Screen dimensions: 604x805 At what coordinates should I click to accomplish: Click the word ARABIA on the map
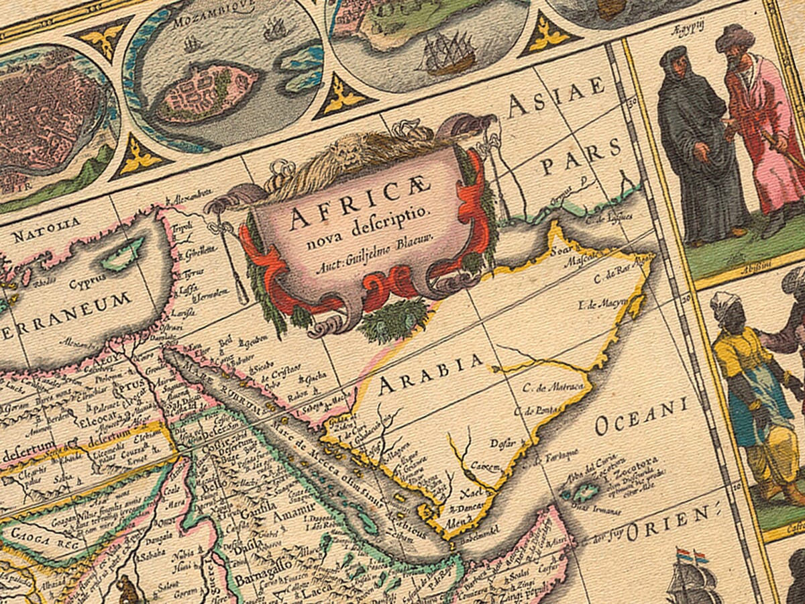430,375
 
